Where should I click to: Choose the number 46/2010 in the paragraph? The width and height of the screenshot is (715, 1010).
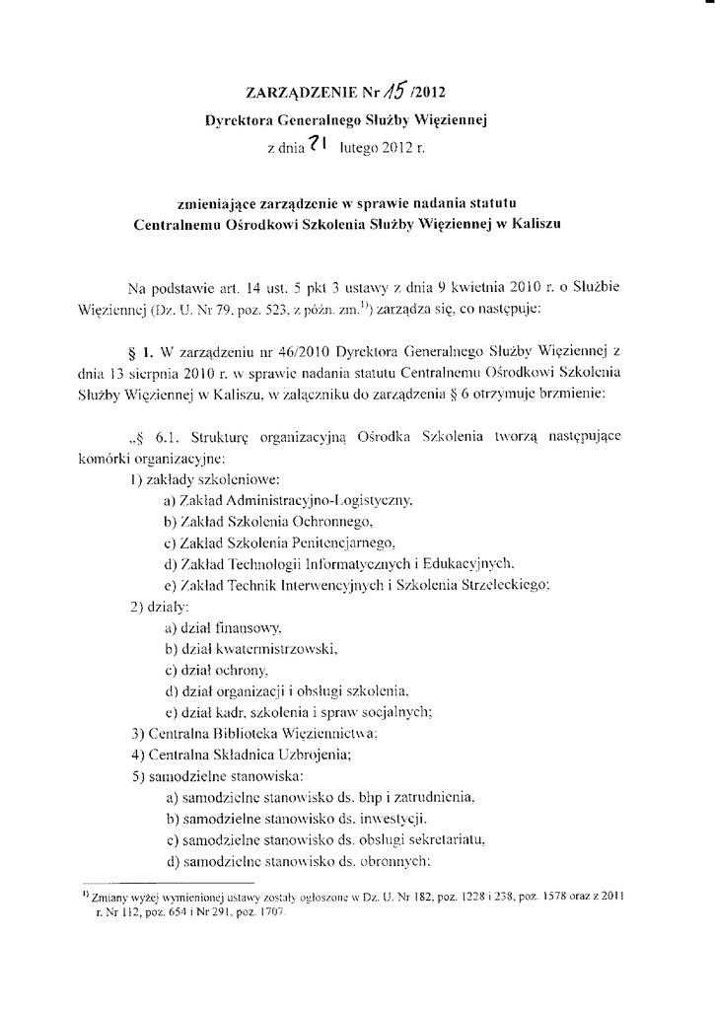[x=309, y=351]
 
